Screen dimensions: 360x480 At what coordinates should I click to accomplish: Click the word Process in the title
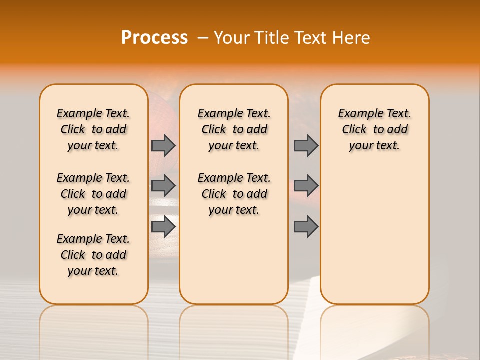154,38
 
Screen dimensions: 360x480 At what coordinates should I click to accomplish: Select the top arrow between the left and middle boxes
163,145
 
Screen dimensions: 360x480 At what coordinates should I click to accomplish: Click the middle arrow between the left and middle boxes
163,186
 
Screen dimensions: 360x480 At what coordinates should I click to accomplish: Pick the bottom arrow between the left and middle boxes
163,226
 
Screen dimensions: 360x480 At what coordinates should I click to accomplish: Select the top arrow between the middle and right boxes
306,145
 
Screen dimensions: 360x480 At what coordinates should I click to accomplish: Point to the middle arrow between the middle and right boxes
306,186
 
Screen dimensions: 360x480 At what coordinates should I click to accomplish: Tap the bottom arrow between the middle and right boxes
306,226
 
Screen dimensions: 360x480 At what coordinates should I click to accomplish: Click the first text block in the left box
93,129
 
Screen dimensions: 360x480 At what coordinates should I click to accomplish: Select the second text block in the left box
93,194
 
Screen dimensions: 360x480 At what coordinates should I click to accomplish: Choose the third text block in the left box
93,255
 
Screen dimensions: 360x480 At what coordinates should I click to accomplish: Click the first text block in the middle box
234,129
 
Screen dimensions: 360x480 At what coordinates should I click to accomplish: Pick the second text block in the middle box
234,194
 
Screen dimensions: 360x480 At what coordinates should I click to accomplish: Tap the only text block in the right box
374,129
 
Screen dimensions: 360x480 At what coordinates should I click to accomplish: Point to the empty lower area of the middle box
234,260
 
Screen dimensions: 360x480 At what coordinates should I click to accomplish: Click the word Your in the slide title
231,38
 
